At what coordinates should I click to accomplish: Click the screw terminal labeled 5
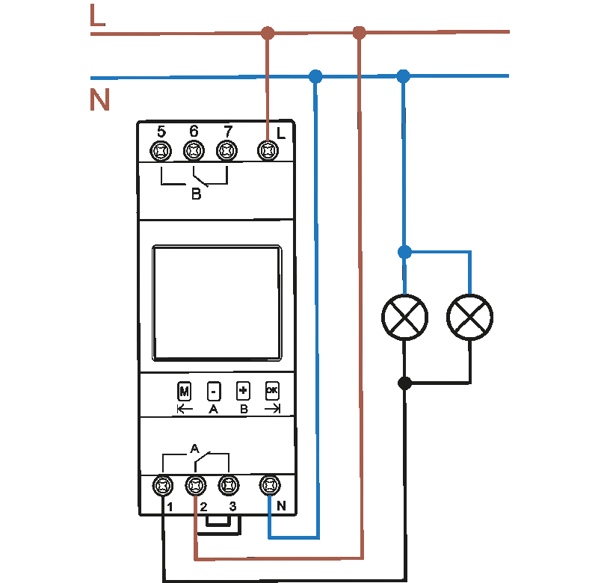point(161,151)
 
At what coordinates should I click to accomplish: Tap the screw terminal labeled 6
point(194,151)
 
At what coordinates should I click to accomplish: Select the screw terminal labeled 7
point(226,151)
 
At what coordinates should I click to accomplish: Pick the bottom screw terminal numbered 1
point(162,486)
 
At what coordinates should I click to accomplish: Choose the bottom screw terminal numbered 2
point(195,486)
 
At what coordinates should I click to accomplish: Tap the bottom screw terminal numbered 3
point(228,486)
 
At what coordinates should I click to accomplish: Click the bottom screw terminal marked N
point(269,486)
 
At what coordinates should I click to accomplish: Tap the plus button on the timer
point(243,390)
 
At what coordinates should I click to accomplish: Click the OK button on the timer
point(272,390)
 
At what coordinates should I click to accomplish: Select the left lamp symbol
point(405,317)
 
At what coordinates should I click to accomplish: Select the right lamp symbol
point(470,317)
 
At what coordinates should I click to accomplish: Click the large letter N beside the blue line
point(99,100)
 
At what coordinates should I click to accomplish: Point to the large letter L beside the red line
point(97,16)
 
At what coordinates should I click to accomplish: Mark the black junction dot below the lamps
point(405,383)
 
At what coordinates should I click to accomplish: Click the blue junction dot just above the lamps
point(404,252)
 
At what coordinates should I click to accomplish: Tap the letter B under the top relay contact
point(196,194)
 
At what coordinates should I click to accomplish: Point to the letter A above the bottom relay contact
point(194,449)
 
